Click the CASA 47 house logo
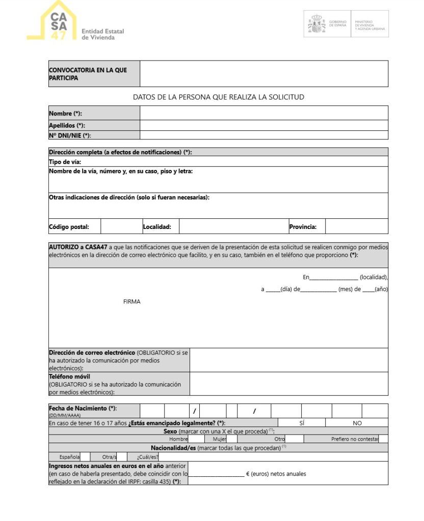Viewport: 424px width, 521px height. tap(53, 21)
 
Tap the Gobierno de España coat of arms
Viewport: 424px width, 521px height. tap(316, 24)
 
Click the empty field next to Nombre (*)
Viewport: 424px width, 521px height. tap(263, 113)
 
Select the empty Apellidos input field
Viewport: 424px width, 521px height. tap(263, 125)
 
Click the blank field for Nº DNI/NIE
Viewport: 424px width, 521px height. tap(263, 135)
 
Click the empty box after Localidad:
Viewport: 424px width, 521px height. tap(233, 226)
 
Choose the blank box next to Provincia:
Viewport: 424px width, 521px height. tap(356, 226)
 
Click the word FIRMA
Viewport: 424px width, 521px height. tap(131, 302)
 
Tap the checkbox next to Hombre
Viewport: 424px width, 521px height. tap(196, 439)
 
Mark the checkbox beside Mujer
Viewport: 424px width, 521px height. tap(232, 439)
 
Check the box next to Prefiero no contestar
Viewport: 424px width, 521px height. tap(383, 439)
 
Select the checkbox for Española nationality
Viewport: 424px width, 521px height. tap(85, 456)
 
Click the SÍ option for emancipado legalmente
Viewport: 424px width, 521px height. tap(302, 423)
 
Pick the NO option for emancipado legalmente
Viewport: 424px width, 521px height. tap(357, 423)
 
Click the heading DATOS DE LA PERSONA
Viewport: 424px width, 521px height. tap(218, 97)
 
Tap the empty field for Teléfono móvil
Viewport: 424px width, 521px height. tap(288, 384)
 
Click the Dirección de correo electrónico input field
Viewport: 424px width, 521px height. tap(288, 360)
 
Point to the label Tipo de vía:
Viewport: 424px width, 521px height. tap(65, 162)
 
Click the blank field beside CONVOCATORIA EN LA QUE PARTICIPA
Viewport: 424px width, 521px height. tap(263, 74)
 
